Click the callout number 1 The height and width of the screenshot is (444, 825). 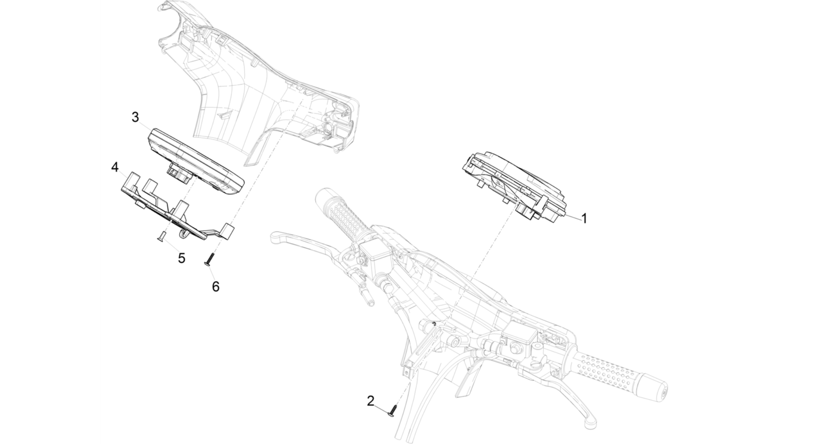[x=584, y=218]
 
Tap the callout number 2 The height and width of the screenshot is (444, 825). [x=371, y=401]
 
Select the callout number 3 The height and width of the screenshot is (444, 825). [x=135, y=117]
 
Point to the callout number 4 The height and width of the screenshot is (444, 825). [x=115, y=167]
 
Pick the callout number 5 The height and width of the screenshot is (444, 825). [x=182, y=258]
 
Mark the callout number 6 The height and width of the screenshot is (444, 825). [x=216, y=287]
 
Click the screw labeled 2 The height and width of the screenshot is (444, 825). [x=393, y=412]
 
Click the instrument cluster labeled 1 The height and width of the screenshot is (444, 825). [x=515, y=186]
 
